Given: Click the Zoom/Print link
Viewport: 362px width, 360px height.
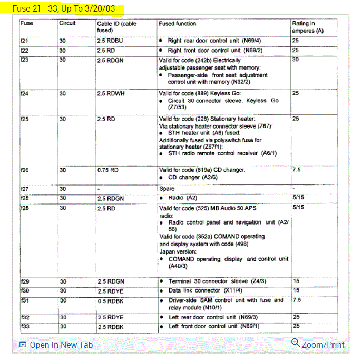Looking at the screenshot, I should [x=323, y=345].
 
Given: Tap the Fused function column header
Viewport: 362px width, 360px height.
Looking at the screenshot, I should [x=177, y=24].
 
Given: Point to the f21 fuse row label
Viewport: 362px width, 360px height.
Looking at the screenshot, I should [x=24, y=41].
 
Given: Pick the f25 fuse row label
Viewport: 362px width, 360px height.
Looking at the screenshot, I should [x=24, y=119].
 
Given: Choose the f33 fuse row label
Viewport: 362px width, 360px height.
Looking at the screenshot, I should [x=24, y=327].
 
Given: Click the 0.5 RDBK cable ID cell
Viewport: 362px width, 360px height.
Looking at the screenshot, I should [x=110, y=300].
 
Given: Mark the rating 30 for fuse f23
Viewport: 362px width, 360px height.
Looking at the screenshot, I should [x=296, y=60].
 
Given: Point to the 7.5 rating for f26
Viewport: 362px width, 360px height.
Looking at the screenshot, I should [x=297, y=170].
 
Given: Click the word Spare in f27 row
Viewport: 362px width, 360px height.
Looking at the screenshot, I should [x=167, y=188].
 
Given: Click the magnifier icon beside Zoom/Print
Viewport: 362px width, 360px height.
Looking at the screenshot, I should [x=295, y=343].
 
